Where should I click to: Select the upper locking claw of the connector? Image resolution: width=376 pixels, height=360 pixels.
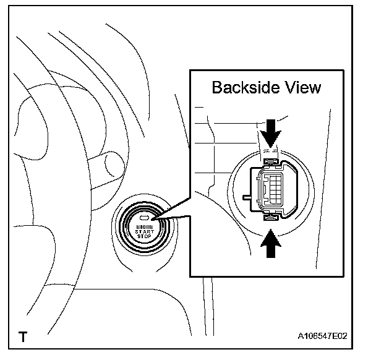click(x=270, y=162)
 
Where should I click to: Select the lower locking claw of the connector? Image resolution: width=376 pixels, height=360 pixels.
click(x=270, y=217)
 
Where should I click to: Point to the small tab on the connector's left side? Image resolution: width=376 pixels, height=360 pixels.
click(x=248, y=198)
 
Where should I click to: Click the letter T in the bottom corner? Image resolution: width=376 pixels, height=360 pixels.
click(x=23, y=338)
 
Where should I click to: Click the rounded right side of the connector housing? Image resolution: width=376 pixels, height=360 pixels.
click(x=287, y=189)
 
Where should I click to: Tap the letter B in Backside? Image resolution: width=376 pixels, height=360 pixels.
click(x=216, y=87)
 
